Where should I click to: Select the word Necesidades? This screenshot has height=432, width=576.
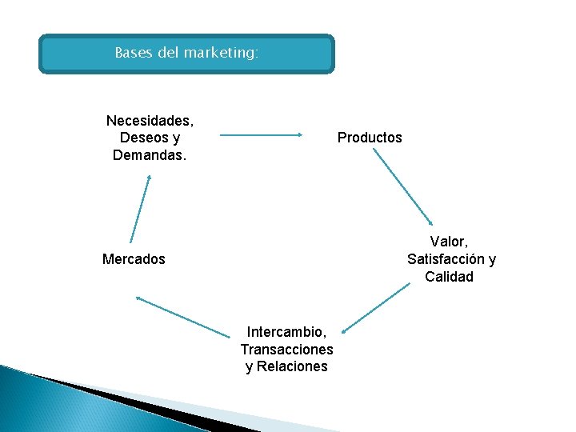pyautogui.click(x=150, y=121)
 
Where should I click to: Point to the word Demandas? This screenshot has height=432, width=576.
pyautogui.click(x=150, y=154)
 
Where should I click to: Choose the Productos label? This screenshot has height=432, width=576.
pyautogui.click(x=370, y=138)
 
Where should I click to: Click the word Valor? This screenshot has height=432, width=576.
pyautogui.click(x=449, y=242)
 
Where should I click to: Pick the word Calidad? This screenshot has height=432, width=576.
pyautogui.click(x=449, y=277)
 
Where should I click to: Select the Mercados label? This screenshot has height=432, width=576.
pyautogui.click(x=134, y=259)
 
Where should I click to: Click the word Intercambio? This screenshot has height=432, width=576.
pyautogui.click(x=286, y=331)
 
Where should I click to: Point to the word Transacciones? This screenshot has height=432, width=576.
pyautogui.click(x=286, y=349)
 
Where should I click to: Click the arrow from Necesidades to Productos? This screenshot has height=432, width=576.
pyautogui.click(x=261, y=136)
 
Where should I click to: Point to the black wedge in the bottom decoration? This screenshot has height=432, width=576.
pyautogui.click(x=120, y=395)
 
